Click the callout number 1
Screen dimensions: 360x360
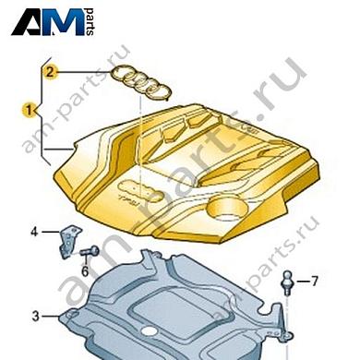[30, 110]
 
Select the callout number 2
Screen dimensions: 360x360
[52, 70]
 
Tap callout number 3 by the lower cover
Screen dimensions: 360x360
[35, 317]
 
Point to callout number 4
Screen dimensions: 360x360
[34, 233]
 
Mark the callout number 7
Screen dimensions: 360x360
[313, 281]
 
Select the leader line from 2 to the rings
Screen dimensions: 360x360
[83, 70]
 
